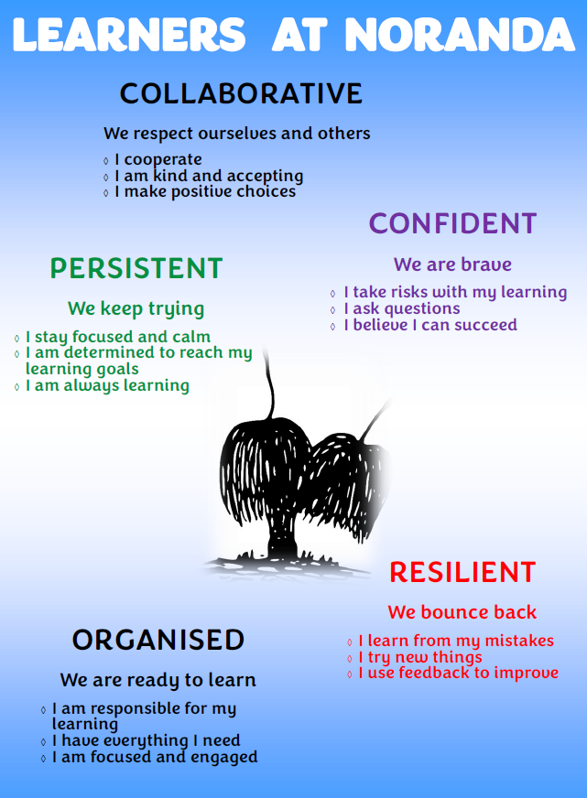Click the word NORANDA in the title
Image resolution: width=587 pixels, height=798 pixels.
click(x=461, y=35)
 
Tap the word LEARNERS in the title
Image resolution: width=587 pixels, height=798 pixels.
click(x=129, y=35)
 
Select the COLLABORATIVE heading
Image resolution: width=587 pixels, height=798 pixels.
click(x=241, y=93)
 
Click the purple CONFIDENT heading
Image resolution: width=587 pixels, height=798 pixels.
click(x=452, y=223)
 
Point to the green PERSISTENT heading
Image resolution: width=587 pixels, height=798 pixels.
click(x=136, y=268)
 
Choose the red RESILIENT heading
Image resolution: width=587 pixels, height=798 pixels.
click(x=462, y=572)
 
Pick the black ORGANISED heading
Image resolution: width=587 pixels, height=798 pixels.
click(x=158, y=640)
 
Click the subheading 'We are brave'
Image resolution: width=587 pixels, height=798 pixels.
click(x=452, y=264)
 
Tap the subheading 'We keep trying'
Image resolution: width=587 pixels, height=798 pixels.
click(x=136, y=309)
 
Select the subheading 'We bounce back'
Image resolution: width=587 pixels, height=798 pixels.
click(x=462, y=612)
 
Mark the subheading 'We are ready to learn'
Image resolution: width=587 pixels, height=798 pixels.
click(x=158, y=681)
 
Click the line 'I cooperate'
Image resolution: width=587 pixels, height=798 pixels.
click(x=158, y=160)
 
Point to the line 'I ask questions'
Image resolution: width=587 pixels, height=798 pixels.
click(x=402, y=309)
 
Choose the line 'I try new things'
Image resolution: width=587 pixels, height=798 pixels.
click(x=420, y=658)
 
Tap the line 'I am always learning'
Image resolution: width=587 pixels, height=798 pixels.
click(x=107, y=386)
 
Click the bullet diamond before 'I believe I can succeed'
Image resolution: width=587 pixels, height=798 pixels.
click(x=333, y=326)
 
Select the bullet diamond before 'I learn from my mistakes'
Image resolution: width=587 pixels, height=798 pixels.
click(x=350, y=642)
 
